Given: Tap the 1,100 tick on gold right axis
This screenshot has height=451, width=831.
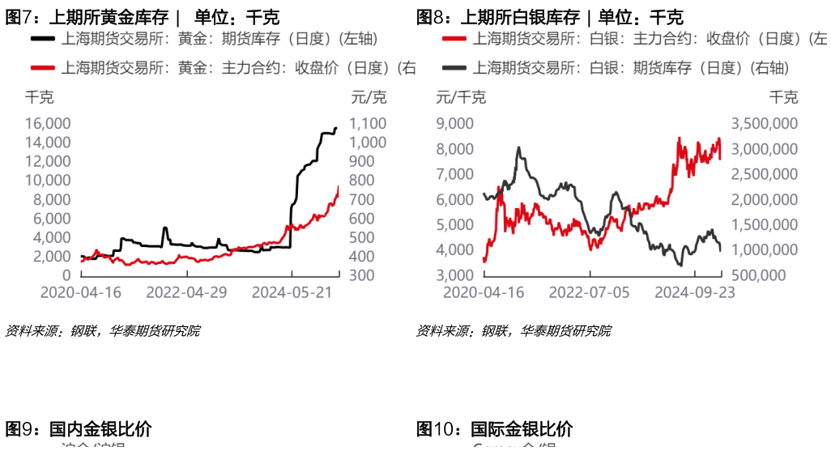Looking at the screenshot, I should click(x=368, y=123).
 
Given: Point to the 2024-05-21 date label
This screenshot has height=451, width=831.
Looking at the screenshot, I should click(x=292, y=291).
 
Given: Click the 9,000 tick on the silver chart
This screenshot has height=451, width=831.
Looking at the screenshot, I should click(x=454, y=123).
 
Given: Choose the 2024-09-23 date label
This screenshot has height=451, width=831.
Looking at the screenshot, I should click(x=694, y=291).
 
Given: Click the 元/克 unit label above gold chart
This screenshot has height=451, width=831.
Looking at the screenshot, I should click(x=369, y=98).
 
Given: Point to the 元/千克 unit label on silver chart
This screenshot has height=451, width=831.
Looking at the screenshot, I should click(x=461, y=98).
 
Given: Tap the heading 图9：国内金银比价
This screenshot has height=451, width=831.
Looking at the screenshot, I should click(x=79, y=429).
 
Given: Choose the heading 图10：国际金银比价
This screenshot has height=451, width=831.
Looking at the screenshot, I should click(x=494, y=429).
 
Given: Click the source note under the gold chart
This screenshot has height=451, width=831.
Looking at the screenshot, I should click(x=102, y=330).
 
